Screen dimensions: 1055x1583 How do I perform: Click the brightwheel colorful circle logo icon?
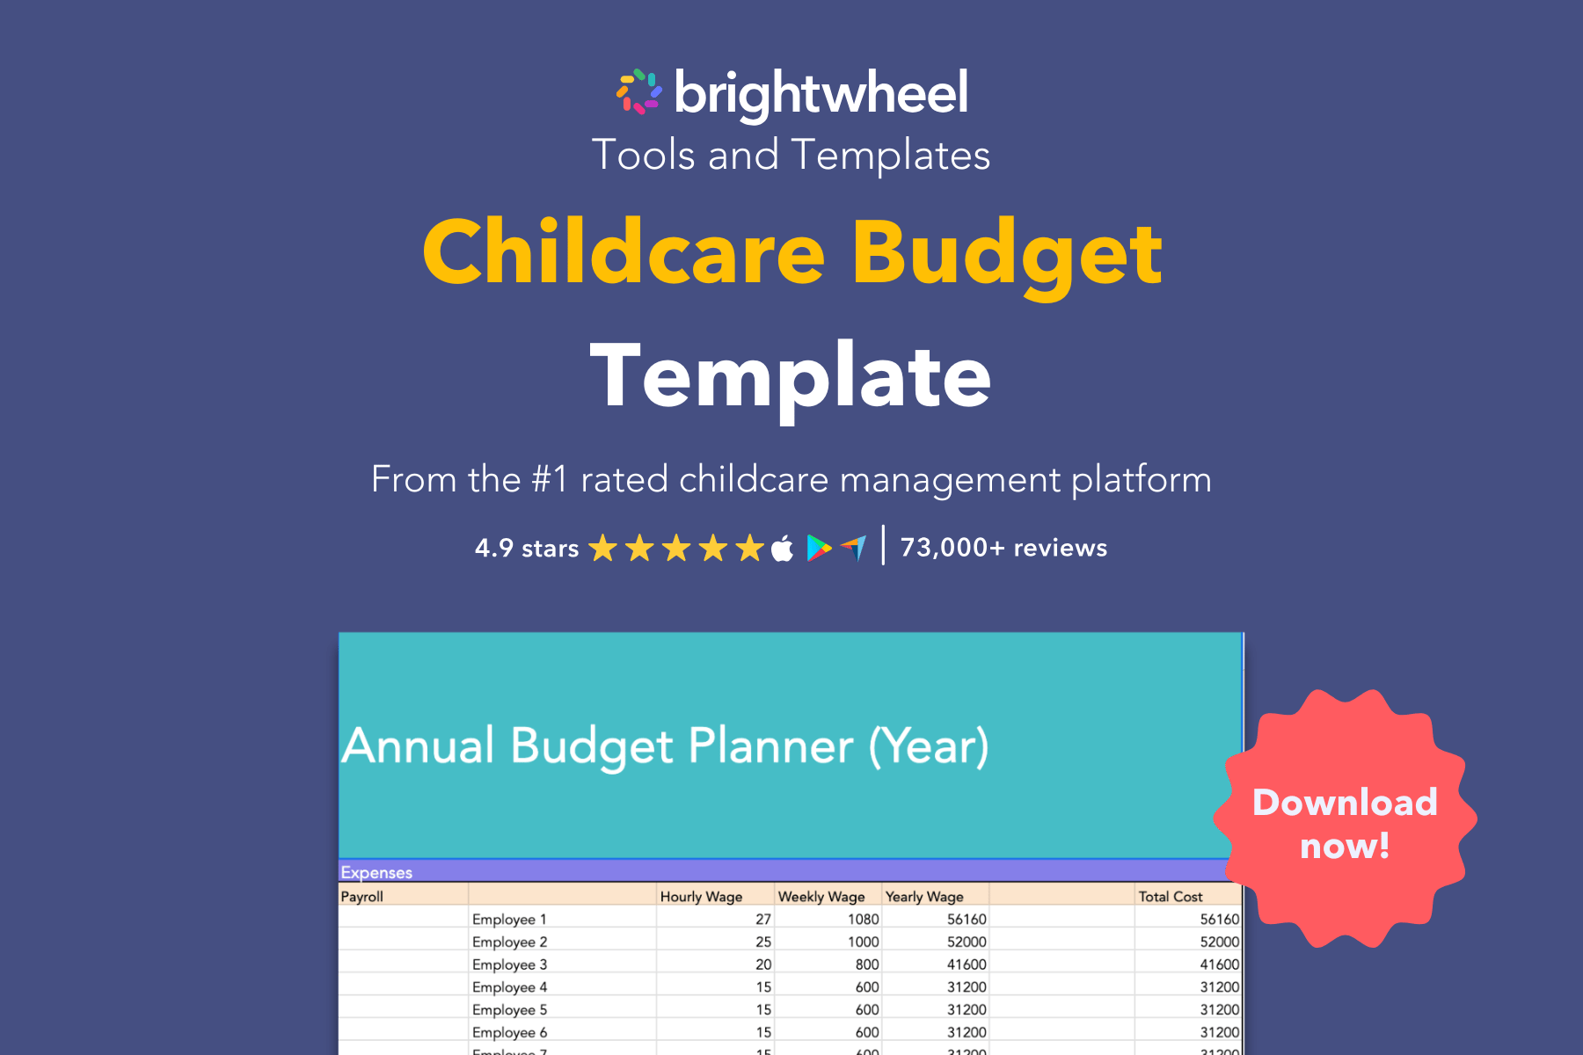tap(639, 92)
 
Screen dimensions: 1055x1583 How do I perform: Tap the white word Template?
tap(791, 376)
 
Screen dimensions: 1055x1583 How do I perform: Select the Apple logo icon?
tap(782, 549)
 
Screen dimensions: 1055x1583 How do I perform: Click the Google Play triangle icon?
tap(819, 549)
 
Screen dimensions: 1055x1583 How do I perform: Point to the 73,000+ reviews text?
tap(1003, 548)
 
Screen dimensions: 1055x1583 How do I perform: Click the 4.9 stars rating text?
tap(526, 549)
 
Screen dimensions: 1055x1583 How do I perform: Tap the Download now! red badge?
tap(1344, 823)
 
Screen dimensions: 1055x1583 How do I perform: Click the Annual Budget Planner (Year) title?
tap(666, 746)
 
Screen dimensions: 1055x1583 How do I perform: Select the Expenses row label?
tap(376, 872)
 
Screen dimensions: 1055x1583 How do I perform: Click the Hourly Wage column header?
tap(701, 896)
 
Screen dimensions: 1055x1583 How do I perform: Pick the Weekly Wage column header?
tap(821, 896)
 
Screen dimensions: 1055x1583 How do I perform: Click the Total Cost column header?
tap(1170, 896)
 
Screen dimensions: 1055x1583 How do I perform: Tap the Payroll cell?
tap(362, 896)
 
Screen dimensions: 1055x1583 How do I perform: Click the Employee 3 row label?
tap(509, 964)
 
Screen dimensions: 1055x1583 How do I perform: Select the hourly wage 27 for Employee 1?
tap(762, 919)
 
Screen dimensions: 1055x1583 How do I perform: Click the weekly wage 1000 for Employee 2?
tap(863, 942)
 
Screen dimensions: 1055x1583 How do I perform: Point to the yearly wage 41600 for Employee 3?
tap(966, 964)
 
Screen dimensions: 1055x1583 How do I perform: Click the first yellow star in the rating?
tap(602, 549)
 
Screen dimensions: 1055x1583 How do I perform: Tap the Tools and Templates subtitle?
tap(791, 156)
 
